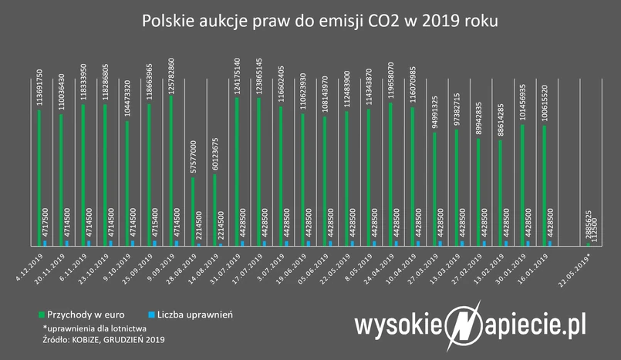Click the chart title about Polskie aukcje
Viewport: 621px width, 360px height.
tap(310, 21)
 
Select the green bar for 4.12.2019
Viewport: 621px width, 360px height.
tap(39, 177)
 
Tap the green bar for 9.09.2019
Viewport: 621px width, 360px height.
tap(170, 170)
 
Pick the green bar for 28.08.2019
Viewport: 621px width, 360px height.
tap(193, 211)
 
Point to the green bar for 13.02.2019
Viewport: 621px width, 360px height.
tap(500, 193)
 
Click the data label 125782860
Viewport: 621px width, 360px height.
tap(171, 69)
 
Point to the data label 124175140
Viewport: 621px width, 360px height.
tap(237, 72)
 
